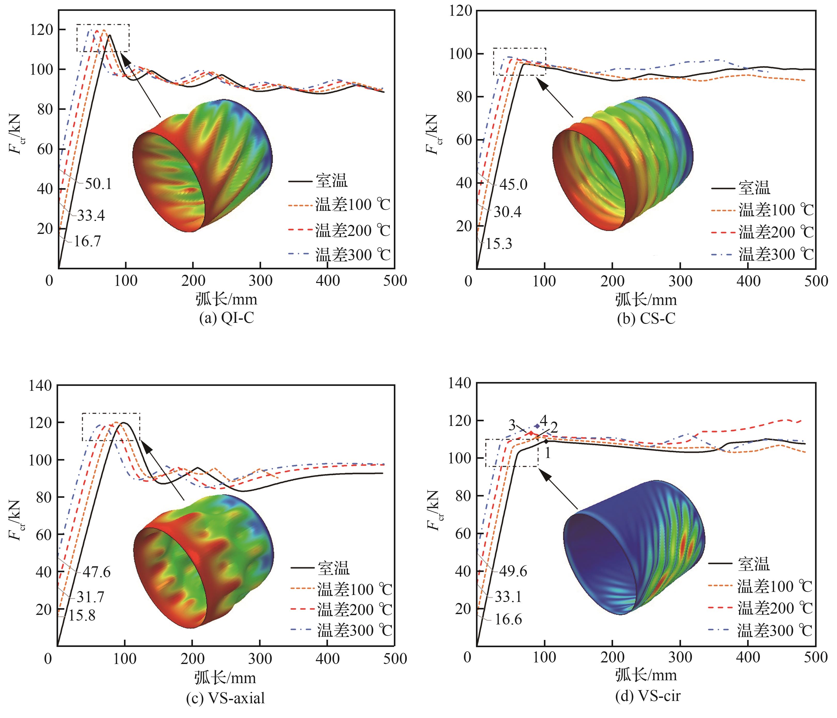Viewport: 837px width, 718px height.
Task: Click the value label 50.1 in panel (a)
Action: pyautogui.click(x=98, y=184)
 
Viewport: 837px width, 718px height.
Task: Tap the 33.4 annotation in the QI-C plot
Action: pyautogui.click(x=91, y=216)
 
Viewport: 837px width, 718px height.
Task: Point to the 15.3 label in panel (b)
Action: pyautogui.click(x=499, y=244)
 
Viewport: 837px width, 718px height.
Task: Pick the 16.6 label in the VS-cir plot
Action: pyautogui.click(x=508, y=619)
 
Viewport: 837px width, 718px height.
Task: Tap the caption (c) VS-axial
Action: pyautogui.click(x=225, y=698)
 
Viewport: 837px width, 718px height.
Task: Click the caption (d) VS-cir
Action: pyautogui.click(x=647, y=696)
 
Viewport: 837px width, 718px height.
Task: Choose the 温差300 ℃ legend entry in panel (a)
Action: pyautogui.click(x=353, y=255)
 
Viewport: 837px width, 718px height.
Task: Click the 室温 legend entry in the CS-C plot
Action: pyautogui.click(x=754, y=188)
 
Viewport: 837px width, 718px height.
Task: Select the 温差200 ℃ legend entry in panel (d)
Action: pyautogui.click(x=775, y=608)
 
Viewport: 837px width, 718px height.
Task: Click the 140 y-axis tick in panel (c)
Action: pyautogui.click(x=40, y=385)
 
